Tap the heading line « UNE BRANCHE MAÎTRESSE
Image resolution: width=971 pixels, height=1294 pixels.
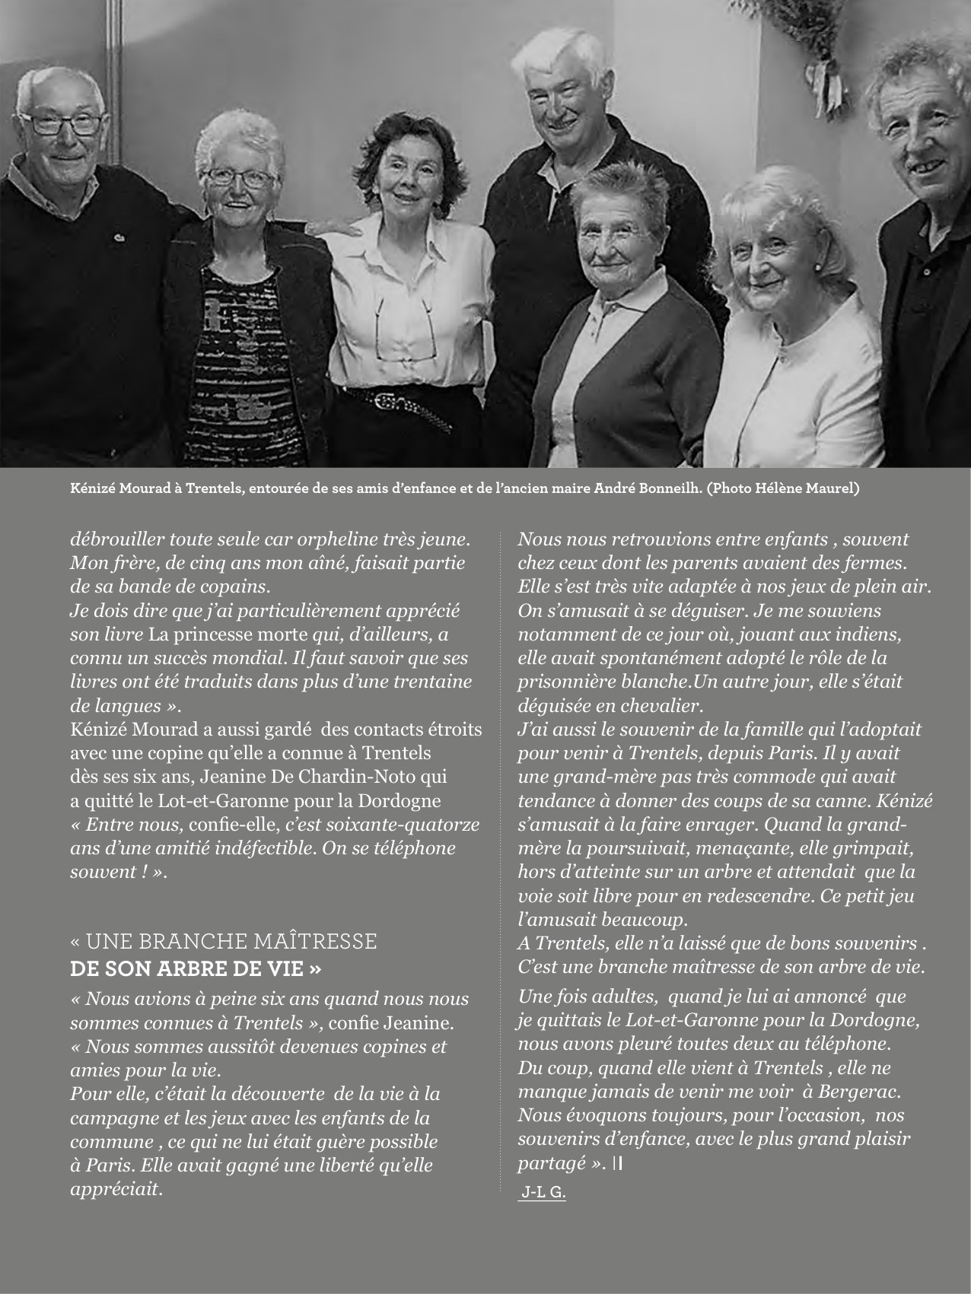pos(223,942)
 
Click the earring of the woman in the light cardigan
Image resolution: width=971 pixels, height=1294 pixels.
pos(817,267)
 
